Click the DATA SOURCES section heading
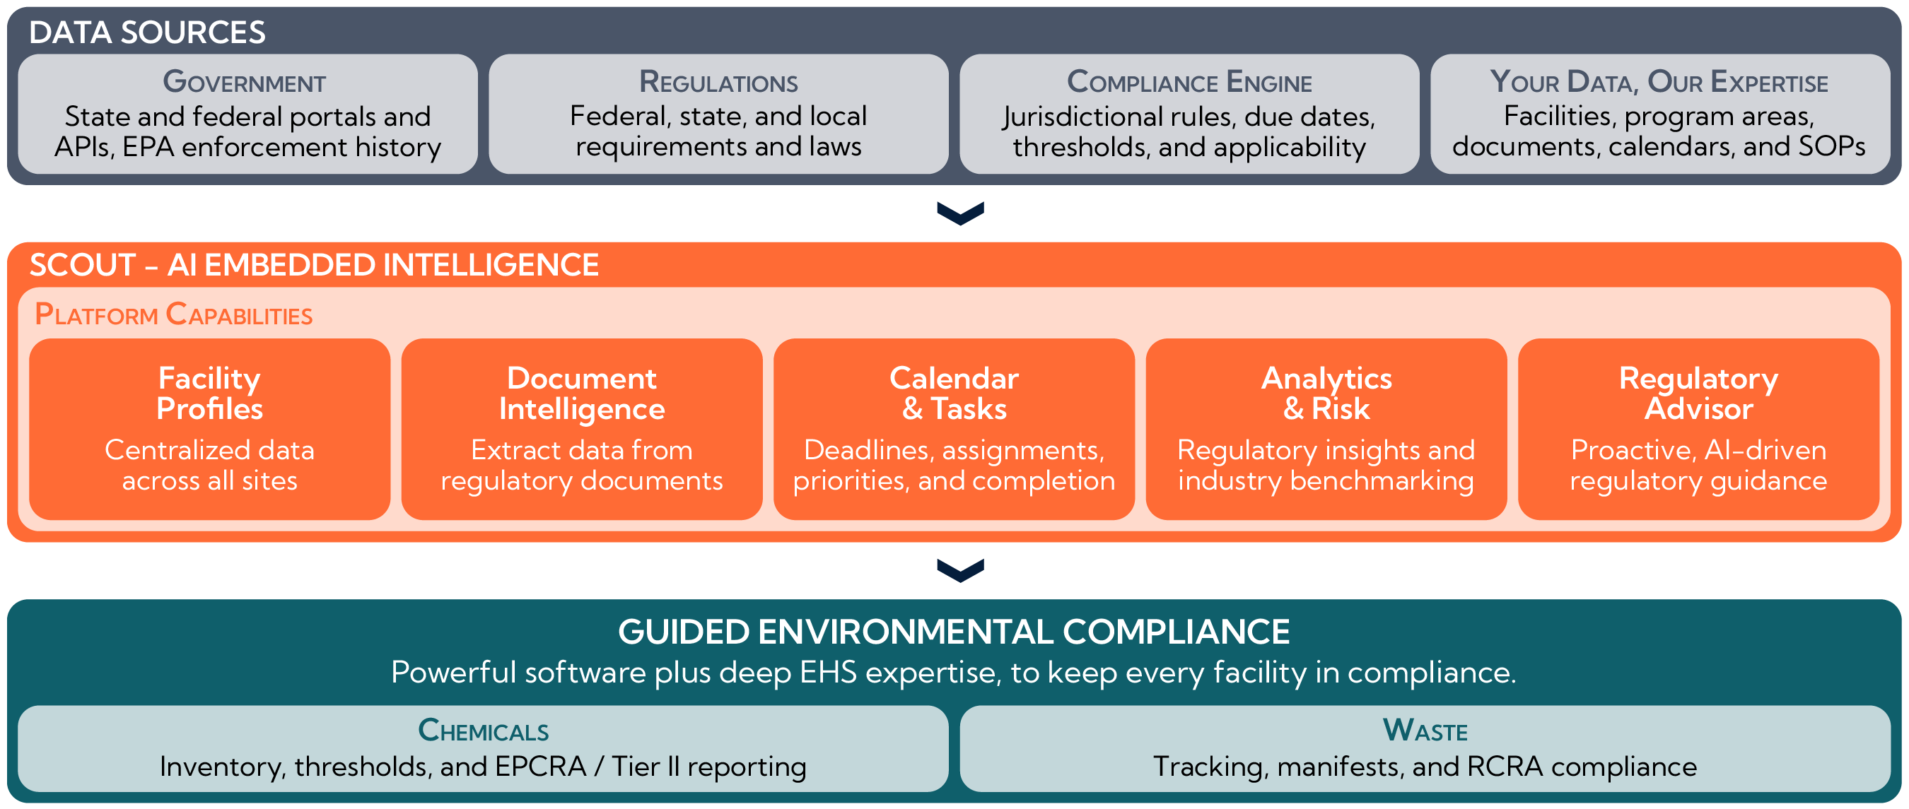[147, 33]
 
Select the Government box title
[245, 81]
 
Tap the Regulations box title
[718, 81]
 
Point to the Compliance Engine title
[1189, 81]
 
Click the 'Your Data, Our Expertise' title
[1659, 81]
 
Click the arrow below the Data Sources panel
[960, 213]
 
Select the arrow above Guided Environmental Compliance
[960, 570]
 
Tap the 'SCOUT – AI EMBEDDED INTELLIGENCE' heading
[314, 264]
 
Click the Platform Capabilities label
[173, 314]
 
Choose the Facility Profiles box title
[210, 394]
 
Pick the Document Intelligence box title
[582, 394]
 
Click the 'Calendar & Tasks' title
[954, 394]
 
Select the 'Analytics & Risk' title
[1326, 394]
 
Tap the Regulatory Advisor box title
[1698, 394]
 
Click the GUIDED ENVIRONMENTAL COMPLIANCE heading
[954, 632]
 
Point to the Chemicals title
[483, 731]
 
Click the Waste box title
[1425, 731]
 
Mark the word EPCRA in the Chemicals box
[540, 767]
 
